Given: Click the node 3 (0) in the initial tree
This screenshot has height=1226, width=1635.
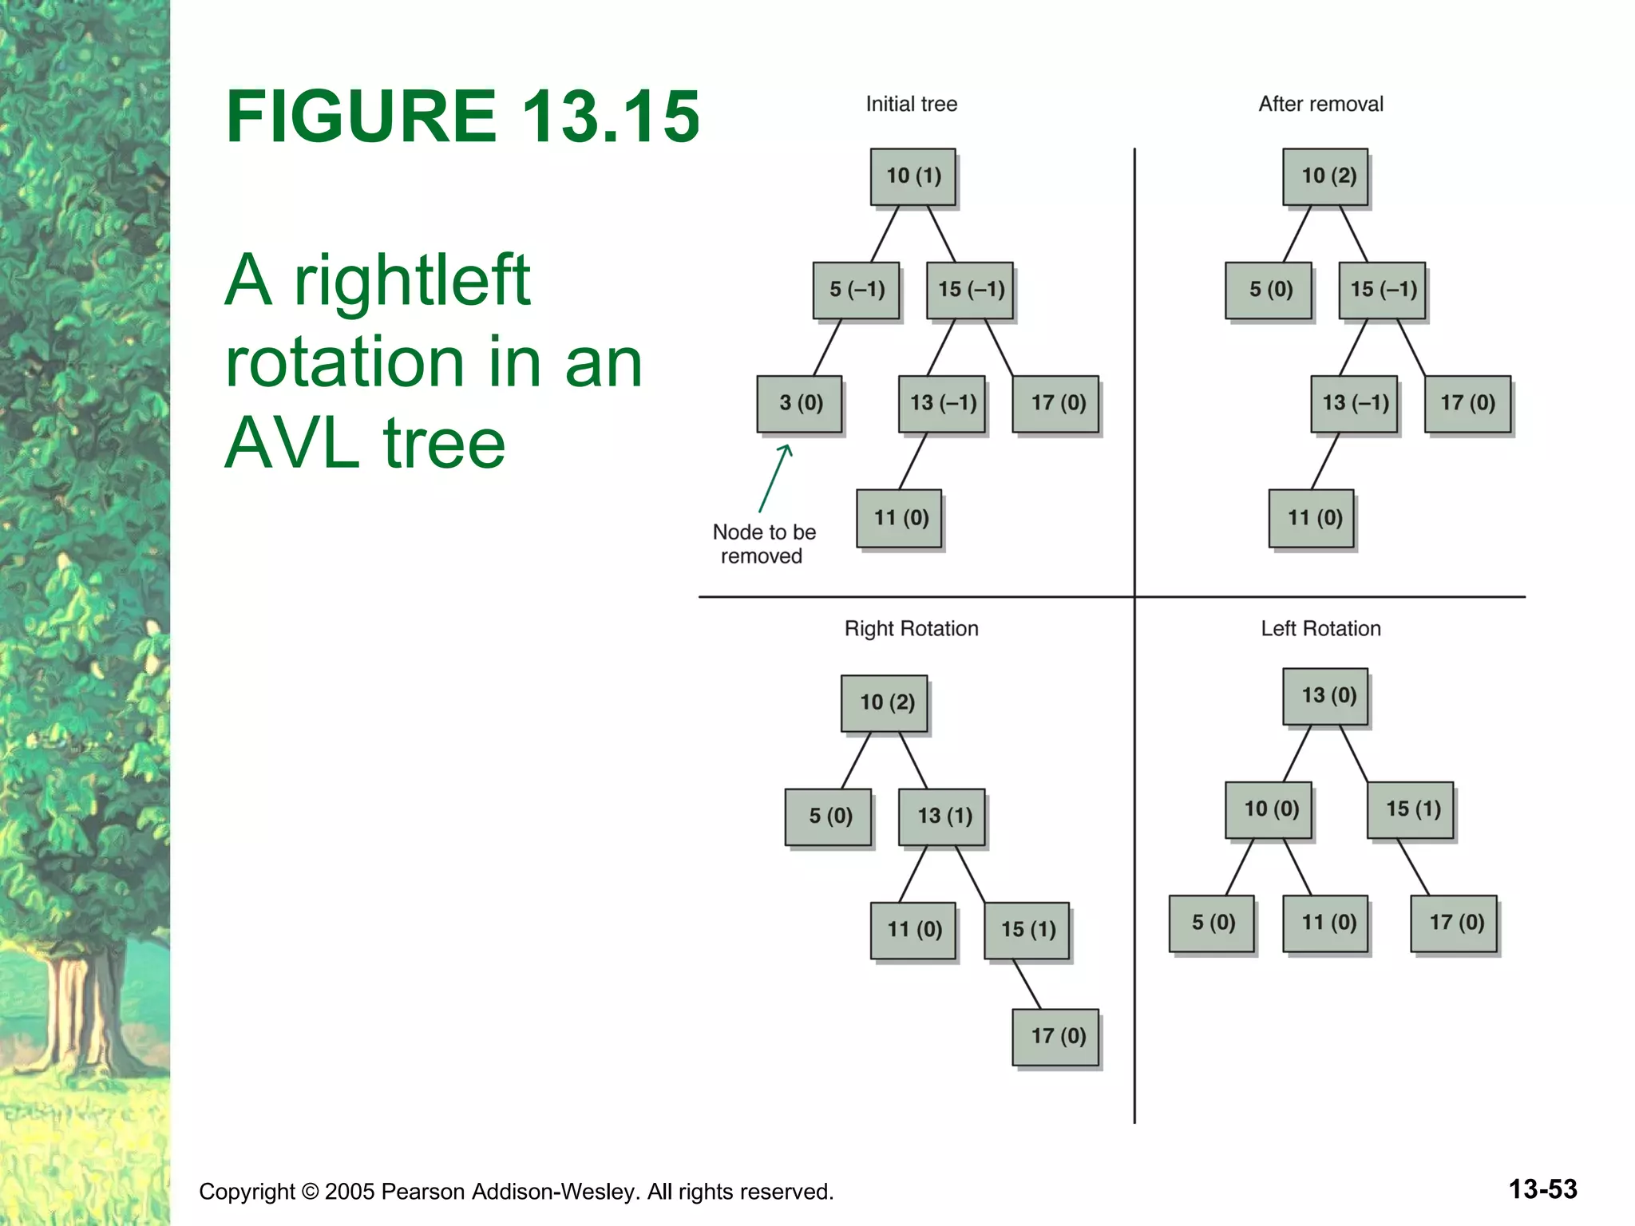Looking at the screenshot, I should pos(800,404).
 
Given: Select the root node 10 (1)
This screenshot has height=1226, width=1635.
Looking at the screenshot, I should pos(913,176).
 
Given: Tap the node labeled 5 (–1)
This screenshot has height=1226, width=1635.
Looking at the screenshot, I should pos(857,290).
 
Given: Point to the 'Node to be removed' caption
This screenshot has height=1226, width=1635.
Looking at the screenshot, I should pos(763,544).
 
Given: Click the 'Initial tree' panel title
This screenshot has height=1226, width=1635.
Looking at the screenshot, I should pos(911,105).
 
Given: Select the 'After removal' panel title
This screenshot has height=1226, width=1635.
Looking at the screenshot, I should pos(1320,105).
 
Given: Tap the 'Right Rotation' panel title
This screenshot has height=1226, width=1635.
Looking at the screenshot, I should pos(911,629).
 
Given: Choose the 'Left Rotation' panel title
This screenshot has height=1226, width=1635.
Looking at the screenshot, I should pos(1320,629).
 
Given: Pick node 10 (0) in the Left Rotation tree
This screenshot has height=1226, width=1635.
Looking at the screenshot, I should pos(1269,809).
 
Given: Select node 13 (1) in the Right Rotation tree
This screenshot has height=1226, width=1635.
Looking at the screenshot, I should pos(942,817).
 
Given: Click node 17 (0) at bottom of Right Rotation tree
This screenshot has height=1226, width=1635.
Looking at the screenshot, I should pos(1056,1037).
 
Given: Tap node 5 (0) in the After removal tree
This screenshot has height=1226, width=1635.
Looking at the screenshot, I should pos(1269,290).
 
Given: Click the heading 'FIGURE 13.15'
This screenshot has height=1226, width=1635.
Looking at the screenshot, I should pos(462,117).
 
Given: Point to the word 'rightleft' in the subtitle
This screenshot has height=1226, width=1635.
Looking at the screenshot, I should pos(411,280).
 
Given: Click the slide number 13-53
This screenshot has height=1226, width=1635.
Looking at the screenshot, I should pos(1542,1189).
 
